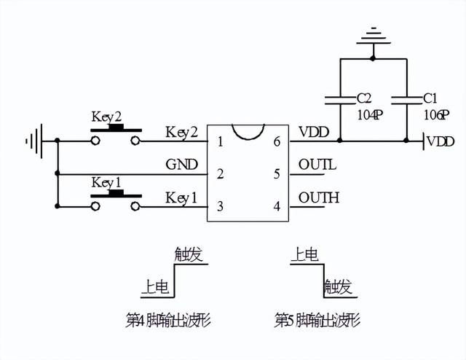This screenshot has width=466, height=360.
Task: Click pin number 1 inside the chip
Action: click(x=220, y=141)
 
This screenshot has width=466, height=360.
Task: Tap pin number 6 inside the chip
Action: click(x=277, y=141)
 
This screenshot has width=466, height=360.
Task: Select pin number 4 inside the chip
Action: click(x=277, y=206)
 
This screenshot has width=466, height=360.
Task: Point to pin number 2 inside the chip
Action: click(x=220, y=173)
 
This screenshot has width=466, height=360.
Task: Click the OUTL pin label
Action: click(x=317, y=165)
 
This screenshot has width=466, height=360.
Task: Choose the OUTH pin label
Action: click(x=319, y=197)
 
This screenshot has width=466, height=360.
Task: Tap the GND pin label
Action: click(x=181, y=165)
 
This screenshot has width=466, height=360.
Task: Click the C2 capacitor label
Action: click(x=364, y=98)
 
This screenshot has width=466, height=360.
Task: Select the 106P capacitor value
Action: click(x=436, y=115)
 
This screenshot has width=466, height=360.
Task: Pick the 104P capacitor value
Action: click(x=370, y=115)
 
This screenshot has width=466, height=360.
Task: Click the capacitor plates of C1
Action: click(x=406, y=101)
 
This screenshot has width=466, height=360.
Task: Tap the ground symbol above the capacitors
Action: click(x=374, y=36)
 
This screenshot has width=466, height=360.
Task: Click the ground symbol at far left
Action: click(x=34, y=141)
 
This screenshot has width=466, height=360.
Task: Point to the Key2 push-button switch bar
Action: click(x=116, y=128)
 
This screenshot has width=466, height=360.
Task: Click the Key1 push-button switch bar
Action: click(x=116, y=195)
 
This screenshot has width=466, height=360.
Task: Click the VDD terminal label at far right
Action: click(x=441, y=141)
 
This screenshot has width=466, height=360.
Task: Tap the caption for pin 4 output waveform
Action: click(x=168, y=320)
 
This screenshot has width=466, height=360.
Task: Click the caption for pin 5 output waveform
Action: click(x=317, y=320)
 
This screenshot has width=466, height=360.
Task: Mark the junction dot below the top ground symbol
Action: click(x=373, y=58)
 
